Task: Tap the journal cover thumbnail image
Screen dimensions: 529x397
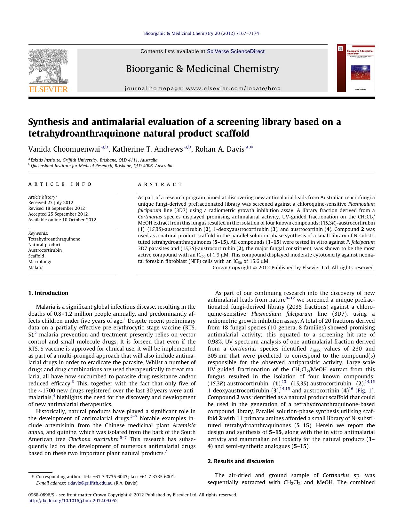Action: pyautogui.click(x=356, y=68)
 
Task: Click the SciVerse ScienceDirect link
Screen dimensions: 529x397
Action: pyautogui.click(x=235, y=51)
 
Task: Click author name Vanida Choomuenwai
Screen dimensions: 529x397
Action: pyautogui.click(x=64, y=149)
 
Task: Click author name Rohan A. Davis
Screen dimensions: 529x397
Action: pyautogui.click(x=219, y=149)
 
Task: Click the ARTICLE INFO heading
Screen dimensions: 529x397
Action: pyautogui.click(x=60, y=184)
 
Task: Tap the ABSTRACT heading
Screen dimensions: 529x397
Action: pyautogui.click(x=160, y=185)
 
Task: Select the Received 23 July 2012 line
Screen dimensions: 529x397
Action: pyautogui.click(x=51, y=202)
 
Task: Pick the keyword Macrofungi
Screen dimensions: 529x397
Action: pyautogui.click(x=40, y=262)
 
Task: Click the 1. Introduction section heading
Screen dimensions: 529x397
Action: pyautogui.click(x=48, y=293)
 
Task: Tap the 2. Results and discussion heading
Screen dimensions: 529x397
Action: pyautogui.click(x=241, y=461)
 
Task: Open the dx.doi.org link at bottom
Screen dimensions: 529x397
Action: pyautogui.click(x=73, y=501)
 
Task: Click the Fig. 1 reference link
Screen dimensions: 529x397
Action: pyautogui.click(x=364, y=391)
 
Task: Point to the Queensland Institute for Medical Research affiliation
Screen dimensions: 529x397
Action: pyautogui.click(x=101, y=166)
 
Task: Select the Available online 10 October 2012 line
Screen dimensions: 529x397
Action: pyautogui.click(x=62, y=220)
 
